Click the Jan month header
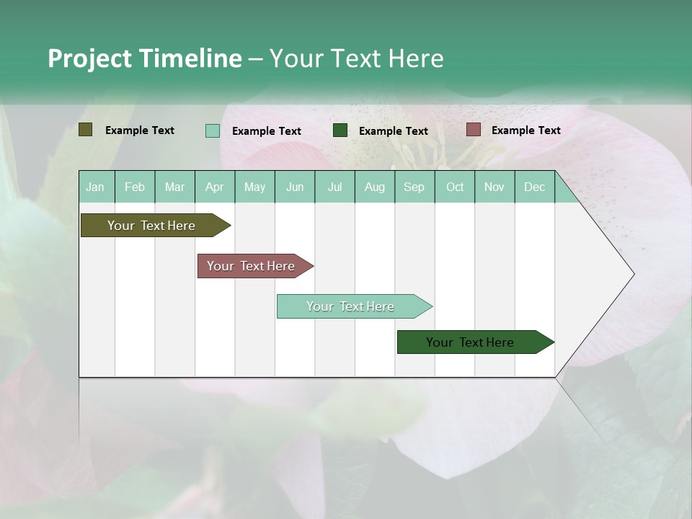[96, 187]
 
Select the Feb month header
[135, 187]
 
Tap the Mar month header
[174, 187]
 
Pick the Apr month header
[215, 187]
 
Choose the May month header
[254, 187]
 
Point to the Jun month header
[295, 187]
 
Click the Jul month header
[334, 187]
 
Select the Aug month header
[375, 187]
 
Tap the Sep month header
[414, 187]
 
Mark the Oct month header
[455, 187]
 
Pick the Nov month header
[494, 187]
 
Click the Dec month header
[535, 187]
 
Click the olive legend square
[86, 130]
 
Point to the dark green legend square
[340, 130]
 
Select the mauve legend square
[473, 130]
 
